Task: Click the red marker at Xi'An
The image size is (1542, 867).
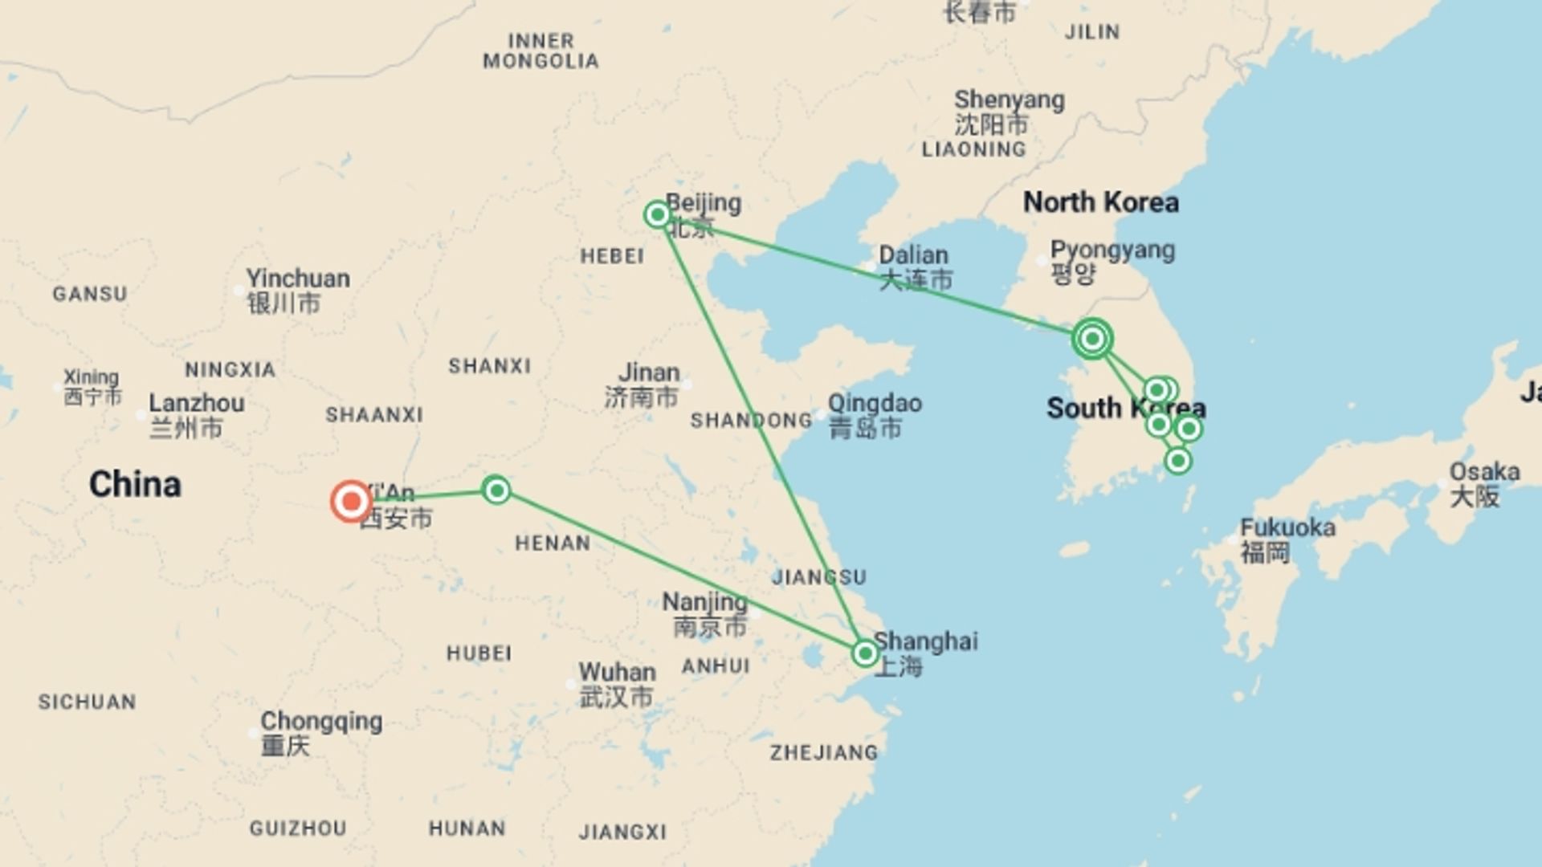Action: coord(351,502)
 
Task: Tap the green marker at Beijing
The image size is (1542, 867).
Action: coord(658,214)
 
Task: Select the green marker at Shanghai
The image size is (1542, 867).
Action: coord(865,653)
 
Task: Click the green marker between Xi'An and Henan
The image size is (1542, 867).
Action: coord(496,490)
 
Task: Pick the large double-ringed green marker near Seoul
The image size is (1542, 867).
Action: coord(1092,339)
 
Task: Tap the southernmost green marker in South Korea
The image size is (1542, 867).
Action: coord(1177,461)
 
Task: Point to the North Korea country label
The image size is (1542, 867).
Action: coord(1101,202)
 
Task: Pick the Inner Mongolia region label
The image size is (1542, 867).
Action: coord(541,51)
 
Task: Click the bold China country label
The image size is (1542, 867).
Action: coord(135,484)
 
